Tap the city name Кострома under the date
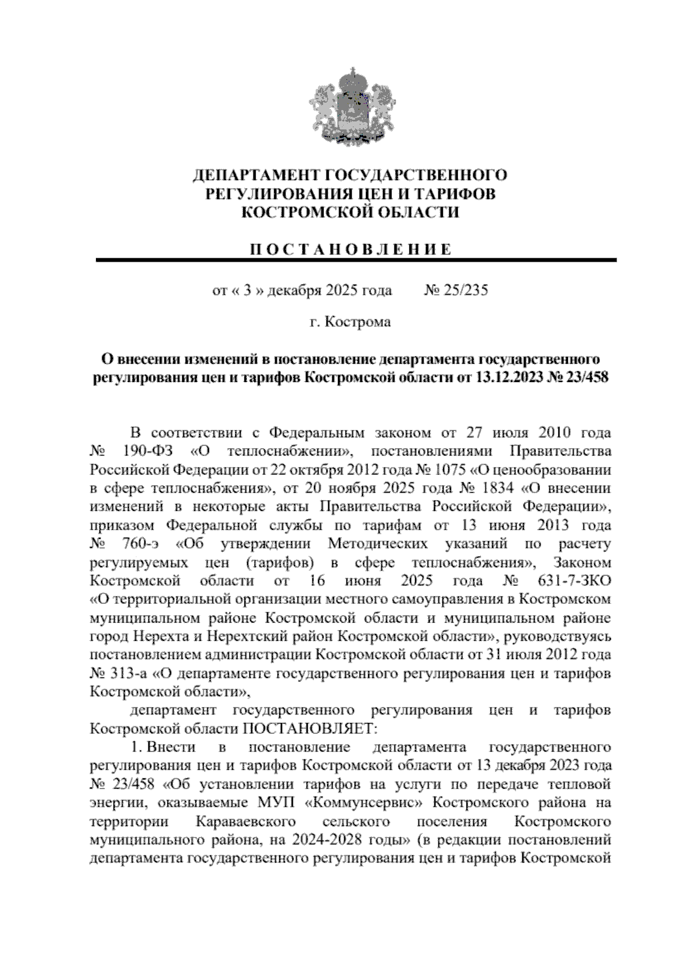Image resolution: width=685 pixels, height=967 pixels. [357, 322]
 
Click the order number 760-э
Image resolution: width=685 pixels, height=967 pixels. [144, 544]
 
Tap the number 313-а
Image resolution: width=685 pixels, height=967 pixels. [128, 673]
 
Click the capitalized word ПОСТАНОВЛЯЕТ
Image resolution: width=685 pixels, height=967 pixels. [309, 729]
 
